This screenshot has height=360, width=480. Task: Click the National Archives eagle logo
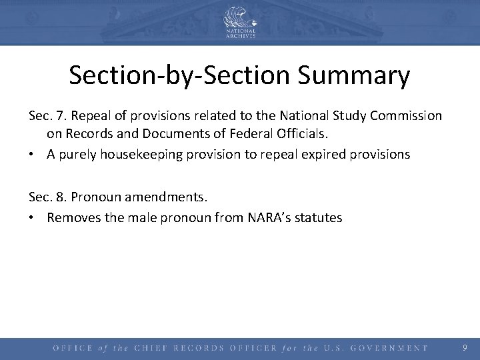click(239, 19)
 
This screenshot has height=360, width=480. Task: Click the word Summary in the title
click(354, 76)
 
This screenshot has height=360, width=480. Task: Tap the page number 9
click(465, 347)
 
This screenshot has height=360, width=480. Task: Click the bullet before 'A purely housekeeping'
click(33, 155)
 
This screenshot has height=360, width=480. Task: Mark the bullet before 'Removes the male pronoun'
click(33, 217)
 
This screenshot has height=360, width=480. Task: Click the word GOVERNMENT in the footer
click(388, 348)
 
